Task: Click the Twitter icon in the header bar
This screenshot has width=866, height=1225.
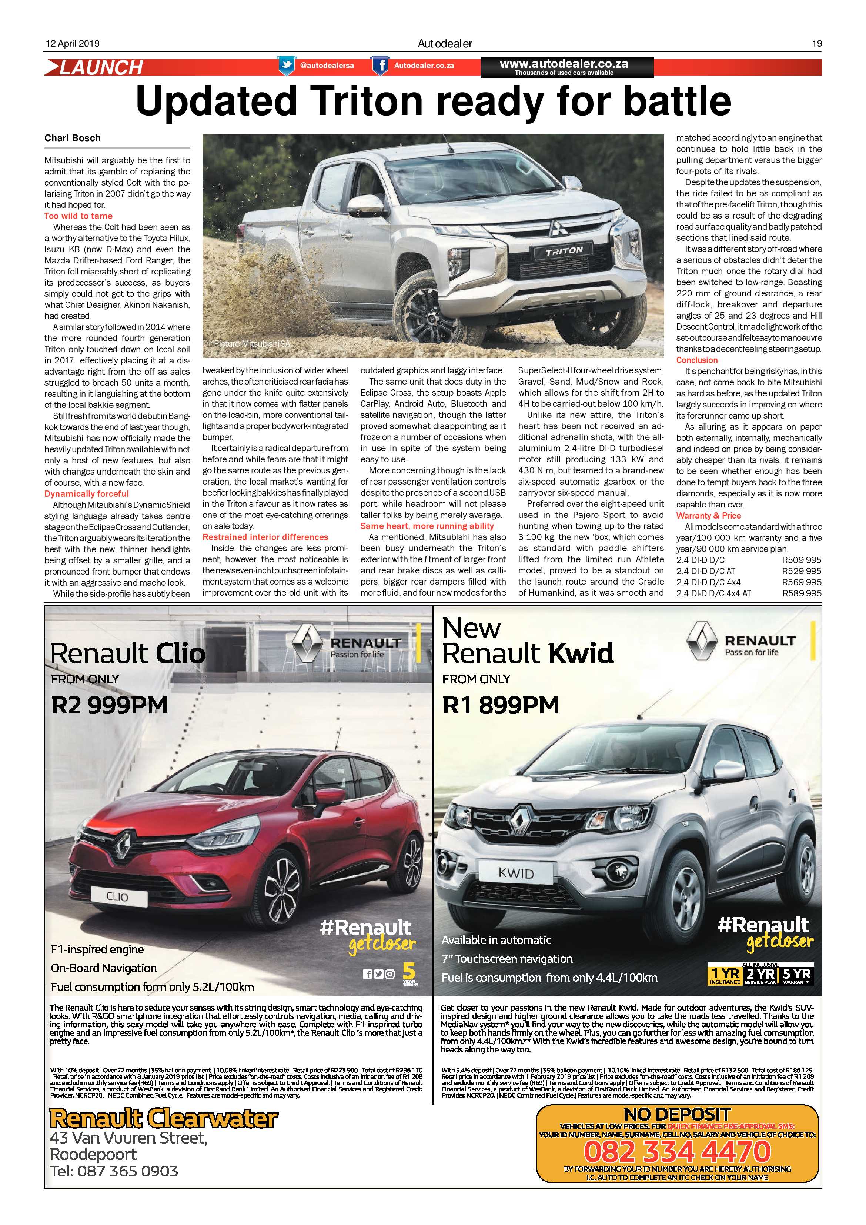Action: pos(287,66)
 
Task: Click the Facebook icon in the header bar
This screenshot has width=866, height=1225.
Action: pos(380,66)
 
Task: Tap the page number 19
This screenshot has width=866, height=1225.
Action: pos(816,44)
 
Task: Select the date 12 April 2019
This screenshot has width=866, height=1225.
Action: pos(72,44)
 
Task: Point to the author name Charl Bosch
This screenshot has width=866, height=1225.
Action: pos(73,138)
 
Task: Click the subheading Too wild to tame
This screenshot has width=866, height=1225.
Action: pos(78,216)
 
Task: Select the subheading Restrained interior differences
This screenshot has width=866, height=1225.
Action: pos(265,537)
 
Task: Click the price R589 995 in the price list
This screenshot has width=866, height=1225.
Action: pos(802,593)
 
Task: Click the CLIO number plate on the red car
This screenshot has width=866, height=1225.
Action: pos(117,896)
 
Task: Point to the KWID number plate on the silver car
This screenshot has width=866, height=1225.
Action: pos(516,873)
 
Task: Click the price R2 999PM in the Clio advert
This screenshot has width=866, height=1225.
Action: pos(109,705)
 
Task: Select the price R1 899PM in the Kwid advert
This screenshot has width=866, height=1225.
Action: pos(500,705)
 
